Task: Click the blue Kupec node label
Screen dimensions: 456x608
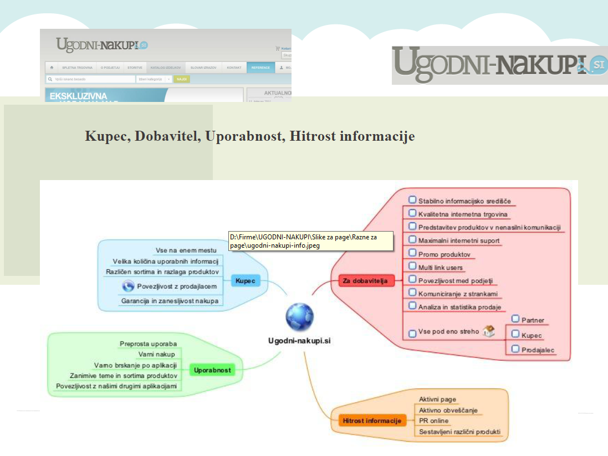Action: (x=245, y=281)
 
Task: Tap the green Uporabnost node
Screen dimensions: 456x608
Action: (x=212, y=370)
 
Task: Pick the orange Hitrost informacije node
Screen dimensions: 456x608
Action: (x=371, y=421)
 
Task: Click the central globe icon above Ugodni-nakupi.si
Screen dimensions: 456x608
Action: (x=300, y=317)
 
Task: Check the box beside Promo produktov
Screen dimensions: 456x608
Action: (x=412, y=253)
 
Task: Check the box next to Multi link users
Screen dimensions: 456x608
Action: (x=412, y=266)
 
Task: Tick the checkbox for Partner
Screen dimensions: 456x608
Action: (x=515, y=319)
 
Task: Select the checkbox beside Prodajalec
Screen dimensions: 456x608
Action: (x=515, y=349)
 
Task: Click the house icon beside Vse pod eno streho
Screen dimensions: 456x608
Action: (x=488, y=331)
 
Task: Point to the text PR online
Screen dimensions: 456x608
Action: (x=434, y=421)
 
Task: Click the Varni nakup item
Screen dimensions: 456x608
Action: (x=157, y=354)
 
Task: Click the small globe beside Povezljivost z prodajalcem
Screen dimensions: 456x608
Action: (x=128, y=286)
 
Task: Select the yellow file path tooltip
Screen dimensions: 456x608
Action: (x=310, y=241)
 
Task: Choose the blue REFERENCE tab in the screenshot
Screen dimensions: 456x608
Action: (x=260, y=68)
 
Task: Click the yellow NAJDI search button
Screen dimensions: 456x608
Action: (x=182, y=79)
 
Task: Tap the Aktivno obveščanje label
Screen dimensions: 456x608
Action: (x=448, y=410)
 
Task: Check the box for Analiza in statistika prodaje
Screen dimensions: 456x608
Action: (x=412, y=305)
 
